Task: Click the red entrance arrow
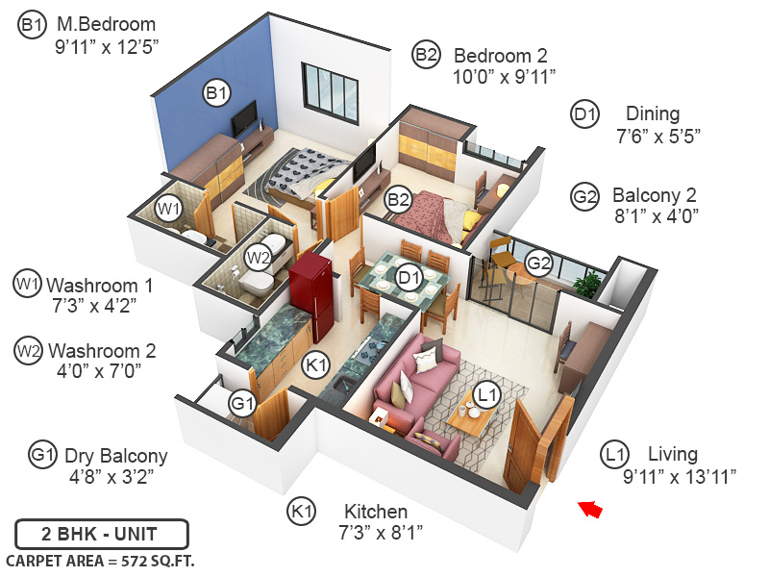[591, 509]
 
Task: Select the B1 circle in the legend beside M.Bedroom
[32, 26]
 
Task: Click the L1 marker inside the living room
[486, 393]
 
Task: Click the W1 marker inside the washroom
[169, 208]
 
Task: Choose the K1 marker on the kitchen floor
[317, 364]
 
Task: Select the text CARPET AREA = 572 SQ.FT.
[101, 561]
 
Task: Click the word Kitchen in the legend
[374, 512]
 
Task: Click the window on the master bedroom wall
[329, 91]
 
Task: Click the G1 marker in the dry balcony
[243, 402]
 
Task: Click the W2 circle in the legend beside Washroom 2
[29, 352]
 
